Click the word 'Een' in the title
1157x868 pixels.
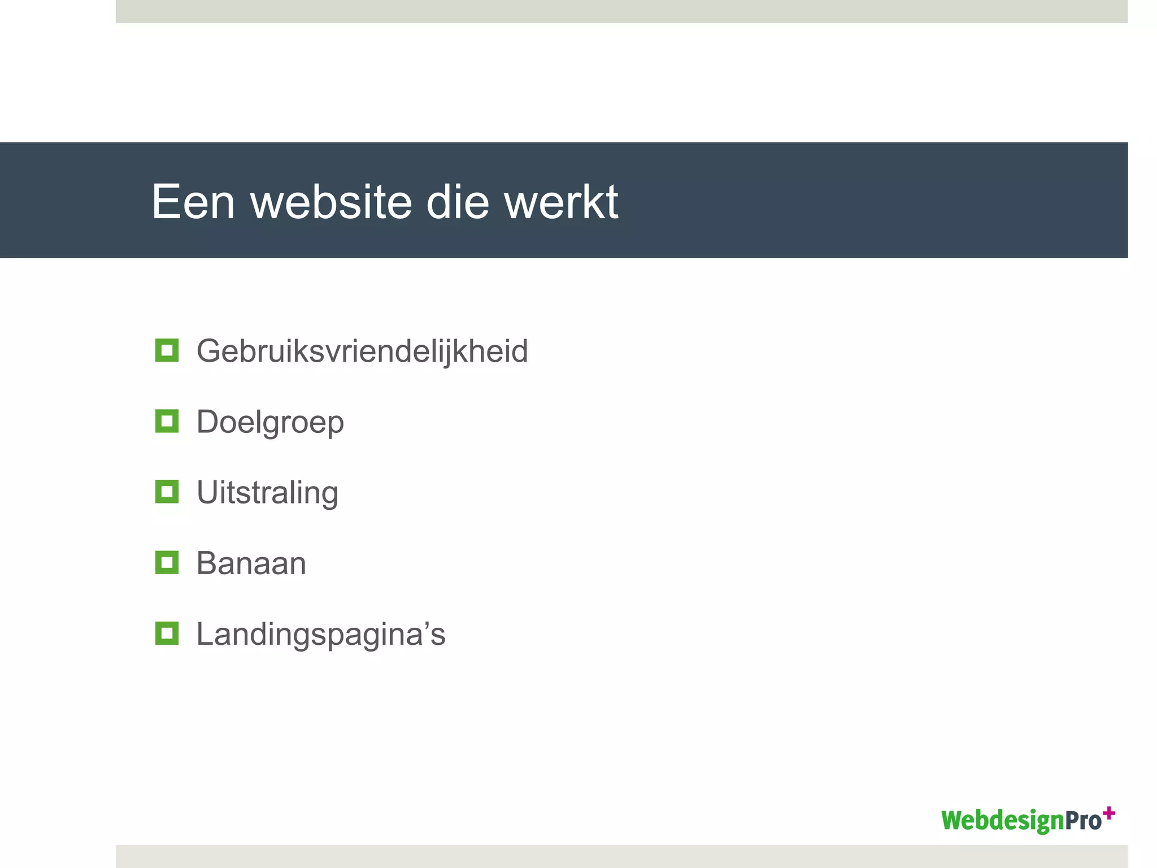[x=193, y=202]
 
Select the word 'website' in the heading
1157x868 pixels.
[x=331, y=202]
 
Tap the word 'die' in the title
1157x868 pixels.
[x=457, y=202]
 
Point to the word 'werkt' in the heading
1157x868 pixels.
[x=561, y=202]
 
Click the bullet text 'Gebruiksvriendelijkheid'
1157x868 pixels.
[x=362, y=351]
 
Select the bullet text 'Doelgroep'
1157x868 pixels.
[x=270, y=422]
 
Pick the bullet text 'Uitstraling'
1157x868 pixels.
[x=267, y=493]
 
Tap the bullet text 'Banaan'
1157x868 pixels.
[x=251, y=563]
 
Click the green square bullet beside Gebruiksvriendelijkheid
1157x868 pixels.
[x=167, y=350]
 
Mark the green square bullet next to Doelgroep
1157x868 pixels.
[x=167, y=421]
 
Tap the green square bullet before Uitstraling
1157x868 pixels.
[x=167, y=492]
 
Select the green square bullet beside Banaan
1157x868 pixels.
[x=167, y=562]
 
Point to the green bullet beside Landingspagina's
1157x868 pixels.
[x=167, y=633]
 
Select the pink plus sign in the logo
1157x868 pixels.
[x=1109, y=813]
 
